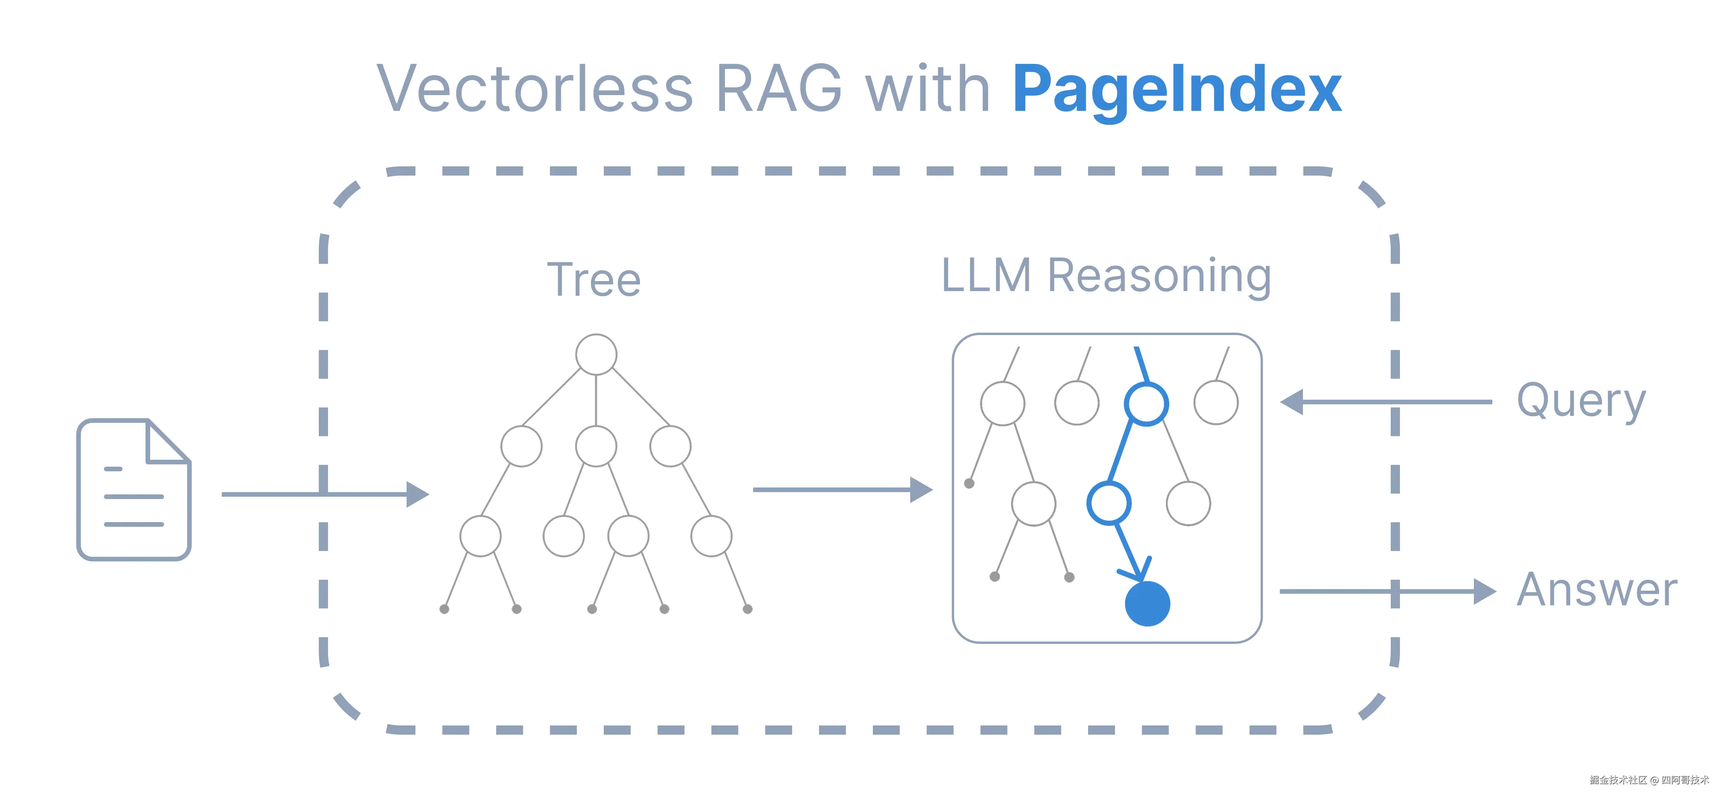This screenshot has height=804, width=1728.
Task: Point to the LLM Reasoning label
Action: pos(1106,276)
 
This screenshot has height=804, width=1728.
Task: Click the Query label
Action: pos(1581,401)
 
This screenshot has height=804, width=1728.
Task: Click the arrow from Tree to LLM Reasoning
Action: pos(842,490)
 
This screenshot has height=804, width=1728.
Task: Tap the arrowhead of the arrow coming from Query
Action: pos(1291,402)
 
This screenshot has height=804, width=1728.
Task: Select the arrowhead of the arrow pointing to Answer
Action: pos(1485,591)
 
